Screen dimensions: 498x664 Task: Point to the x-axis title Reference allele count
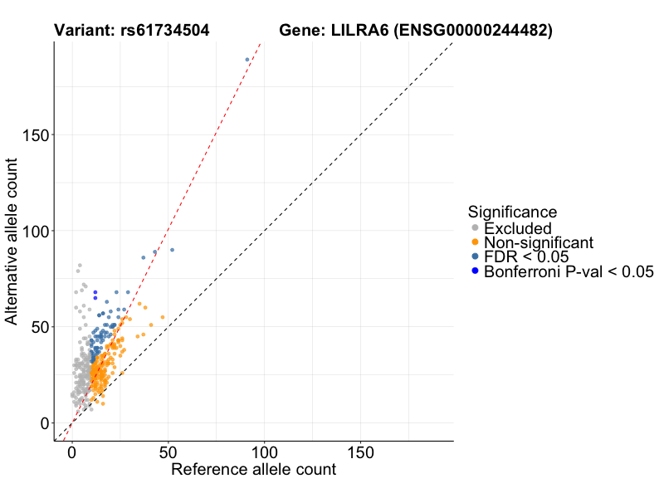point(253,470)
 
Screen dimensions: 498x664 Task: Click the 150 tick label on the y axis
point(35,134)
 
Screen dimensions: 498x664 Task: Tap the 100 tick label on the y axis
point(35,231)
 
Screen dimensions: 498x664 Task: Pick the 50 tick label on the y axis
point(39,327)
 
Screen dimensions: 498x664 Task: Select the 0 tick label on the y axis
point(44,423)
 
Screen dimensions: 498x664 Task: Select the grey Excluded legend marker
point(475,228)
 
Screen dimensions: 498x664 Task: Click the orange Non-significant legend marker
point(475,242)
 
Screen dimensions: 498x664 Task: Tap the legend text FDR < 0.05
point(527,257)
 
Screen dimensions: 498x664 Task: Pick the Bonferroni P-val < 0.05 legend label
point(569,271)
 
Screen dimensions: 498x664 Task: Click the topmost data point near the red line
point(247,60)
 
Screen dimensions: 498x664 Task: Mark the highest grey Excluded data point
point(80,266)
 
